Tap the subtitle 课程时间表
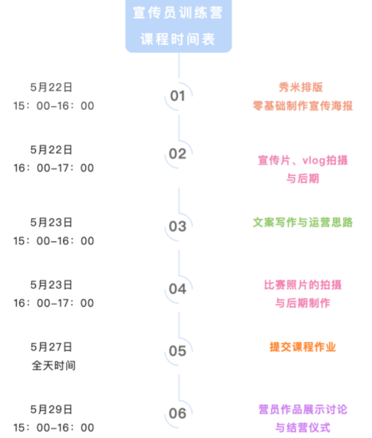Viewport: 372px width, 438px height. pos(178,39)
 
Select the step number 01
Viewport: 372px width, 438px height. pos(177,96)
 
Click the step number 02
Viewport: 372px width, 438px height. pos(177,154)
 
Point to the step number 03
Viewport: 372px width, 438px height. pos(177,226)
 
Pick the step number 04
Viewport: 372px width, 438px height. pos(177,289)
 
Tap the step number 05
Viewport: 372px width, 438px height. pos(177,351)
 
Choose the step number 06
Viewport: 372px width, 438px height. pos(177,414)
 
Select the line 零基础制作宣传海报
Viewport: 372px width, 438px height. pos(303,105)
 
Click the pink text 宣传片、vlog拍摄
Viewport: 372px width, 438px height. pos(303,160)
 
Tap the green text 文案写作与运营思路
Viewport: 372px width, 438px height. pos(303,222)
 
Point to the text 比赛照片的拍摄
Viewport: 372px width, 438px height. pos(303,284)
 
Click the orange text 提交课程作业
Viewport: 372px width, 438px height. pos(303,347)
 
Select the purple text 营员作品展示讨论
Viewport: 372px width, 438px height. pos(303,410)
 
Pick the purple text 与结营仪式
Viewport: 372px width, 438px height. pos(303,427)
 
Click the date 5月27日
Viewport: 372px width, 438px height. pos(51,347)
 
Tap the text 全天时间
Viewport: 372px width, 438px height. pos(53,365)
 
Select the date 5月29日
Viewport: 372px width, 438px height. pos(51,410)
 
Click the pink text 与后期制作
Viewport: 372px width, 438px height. pos(303,303)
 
